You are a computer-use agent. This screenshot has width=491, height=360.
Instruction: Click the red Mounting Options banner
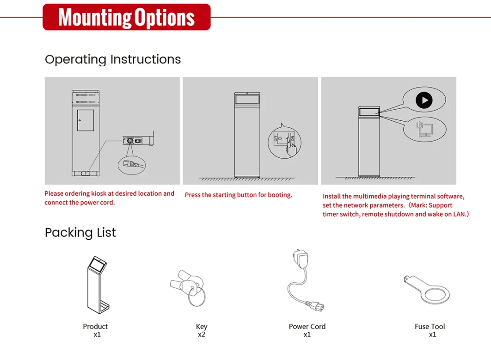[x=127, y=17]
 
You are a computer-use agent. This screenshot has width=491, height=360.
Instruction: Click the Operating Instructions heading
[x=113, y=60]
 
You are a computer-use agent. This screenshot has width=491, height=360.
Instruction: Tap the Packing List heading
[x=80, y=233]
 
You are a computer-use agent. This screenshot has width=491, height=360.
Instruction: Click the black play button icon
[x=424, y=100]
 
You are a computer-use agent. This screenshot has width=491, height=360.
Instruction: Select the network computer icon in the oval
[x=424, y=130]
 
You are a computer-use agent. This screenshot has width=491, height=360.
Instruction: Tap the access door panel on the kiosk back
[x=86, y=120]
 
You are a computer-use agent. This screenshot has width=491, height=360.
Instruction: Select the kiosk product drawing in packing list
[x=98, y=285]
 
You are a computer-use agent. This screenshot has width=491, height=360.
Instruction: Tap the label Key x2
[x=202, y=330]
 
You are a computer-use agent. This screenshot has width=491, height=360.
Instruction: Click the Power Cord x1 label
[x=307, y=330]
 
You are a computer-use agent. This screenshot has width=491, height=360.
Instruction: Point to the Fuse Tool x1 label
[x=430, y=330]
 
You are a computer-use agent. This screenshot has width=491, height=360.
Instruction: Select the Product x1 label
[x=95, y=330]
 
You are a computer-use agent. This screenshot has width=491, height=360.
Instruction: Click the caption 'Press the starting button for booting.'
[x=238, y=195]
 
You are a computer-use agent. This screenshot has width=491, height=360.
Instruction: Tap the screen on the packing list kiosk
[x=98, y=264]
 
